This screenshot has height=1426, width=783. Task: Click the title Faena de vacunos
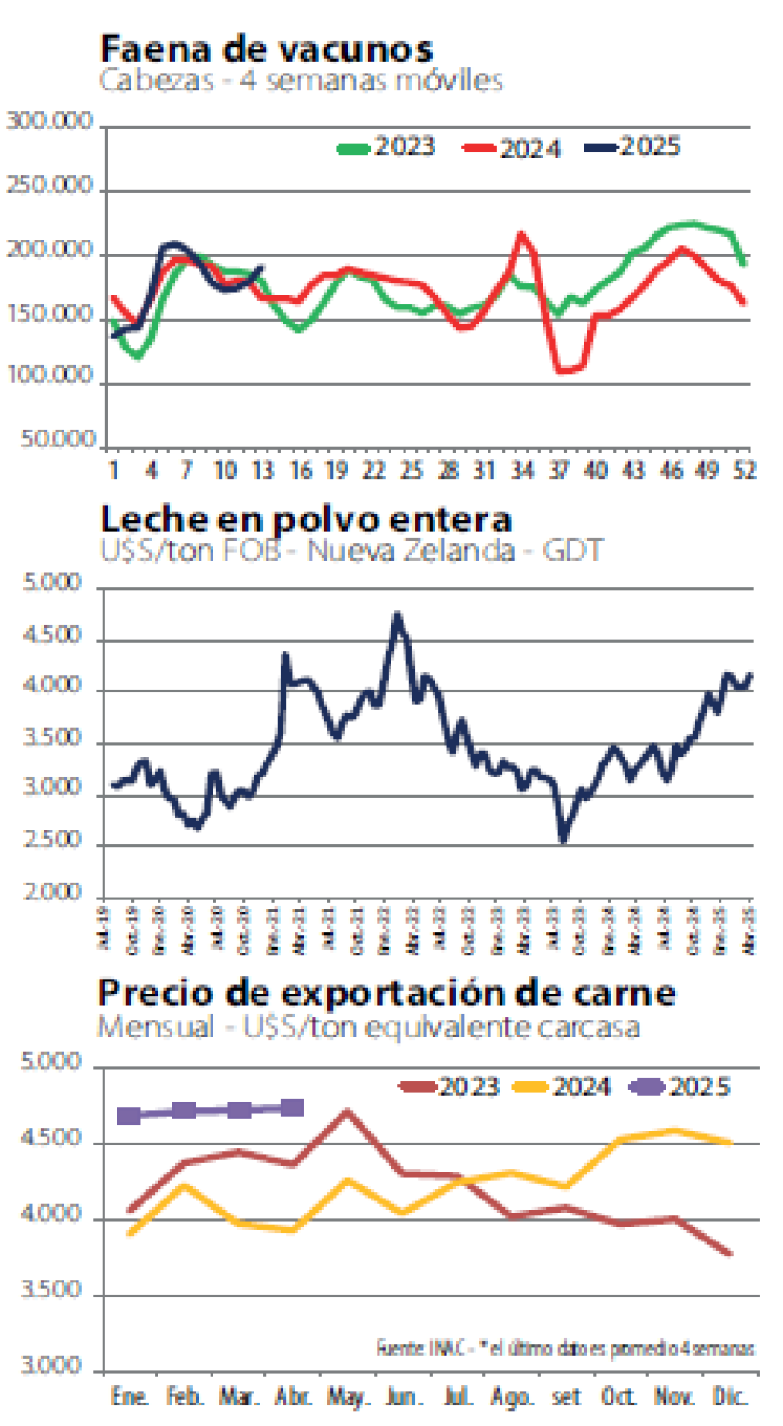pyautogui.click(x=266, y=48)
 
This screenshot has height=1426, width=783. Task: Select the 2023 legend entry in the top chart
pyautogui.click(x=386, y=147)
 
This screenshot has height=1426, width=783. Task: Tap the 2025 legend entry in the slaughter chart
pyautogui.click(x=635, y=146)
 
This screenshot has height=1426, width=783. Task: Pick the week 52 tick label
pyautogui.click(x=743, y=470)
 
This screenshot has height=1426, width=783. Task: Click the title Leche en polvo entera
pyautogui.click(x=305, y=518)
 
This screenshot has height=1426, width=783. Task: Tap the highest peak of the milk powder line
pyautogui.click(x=397, y=616)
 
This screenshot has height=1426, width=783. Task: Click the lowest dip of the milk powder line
pyautogui.click(x=563, y=842)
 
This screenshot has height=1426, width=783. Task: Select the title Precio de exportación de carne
pyautogui.click(x=386, y=993)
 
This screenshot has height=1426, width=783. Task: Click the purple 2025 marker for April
pyautogui.click(x=292, y=1107)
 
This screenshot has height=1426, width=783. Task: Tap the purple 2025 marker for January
pyautogui.click(x=130, y=1116)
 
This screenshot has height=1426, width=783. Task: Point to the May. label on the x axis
pyautogui.click(x=348, y=1398)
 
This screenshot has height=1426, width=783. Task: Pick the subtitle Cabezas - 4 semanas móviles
pyautogui.click(x=301, y=80)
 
